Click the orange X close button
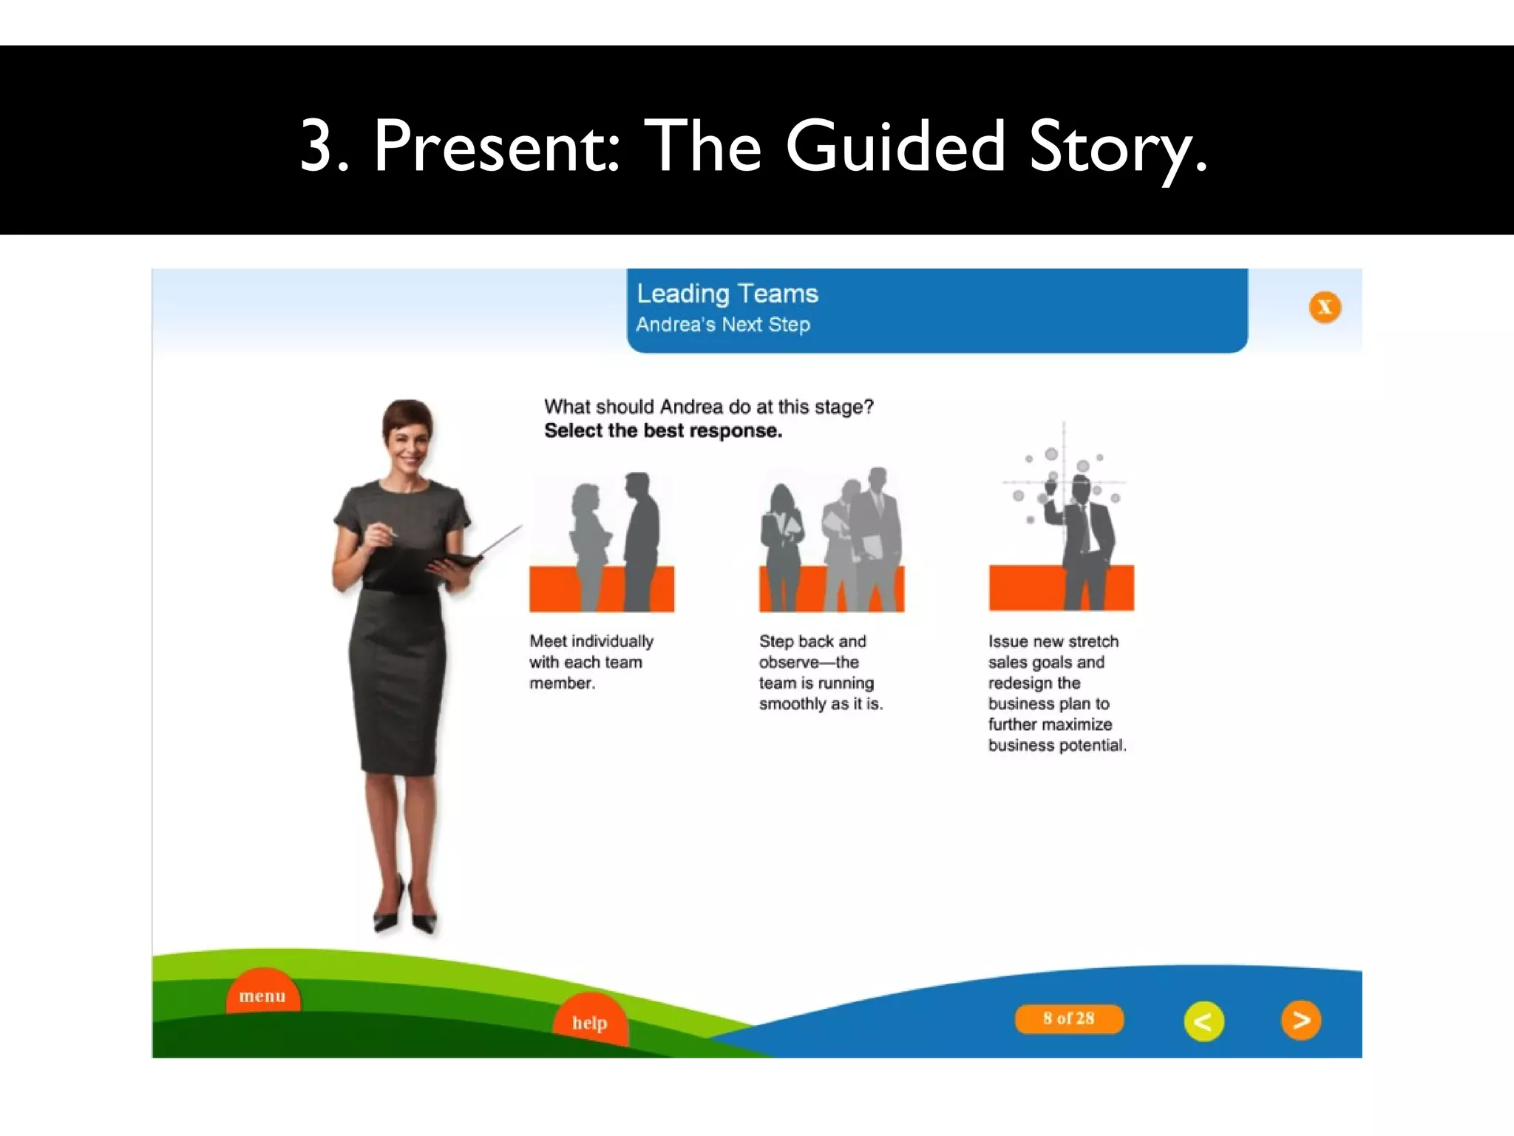pyautogui.click(x=1325, y=307)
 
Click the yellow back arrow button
pyautogui.click(x=1204, y=1021)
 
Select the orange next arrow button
pyautogui.click(x=1300, y=1021)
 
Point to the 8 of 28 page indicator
pyautogui.click(x=1069, y=1018)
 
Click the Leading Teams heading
pyautogui.click(x=727, y=294)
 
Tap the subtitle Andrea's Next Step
pyautogui.click(x=723, y=325)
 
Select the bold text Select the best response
pyautogui.click(x=663, y=430)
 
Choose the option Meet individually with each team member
pyautogui.click(x=590, y=662)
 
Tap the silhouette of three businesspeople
pyautogui.click(x=832, y=540)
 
